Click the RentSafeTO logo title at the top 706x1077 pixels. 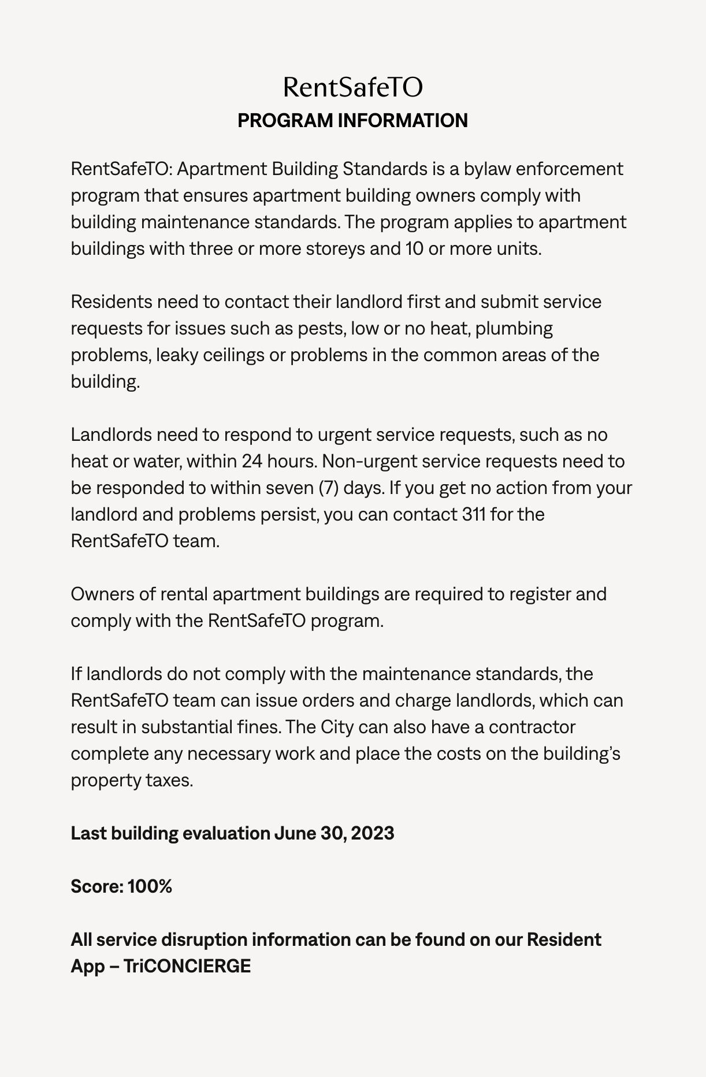click(x=352, y=87)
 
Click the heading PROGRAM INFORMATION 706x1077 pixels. click(x=352, y=120)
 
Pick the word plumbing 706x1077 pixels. click(x=514, y=329)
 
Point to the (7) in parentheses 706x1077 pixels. click(x=328, y=488)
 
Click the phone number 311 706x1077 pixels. click(x=474, y=514)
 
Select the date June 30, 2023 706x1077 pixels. click(x=334, y=833)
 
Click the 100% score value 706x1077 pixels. click(x=150, y=886)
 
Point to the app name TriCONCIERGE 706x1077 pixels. click(x=187, y=966)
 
